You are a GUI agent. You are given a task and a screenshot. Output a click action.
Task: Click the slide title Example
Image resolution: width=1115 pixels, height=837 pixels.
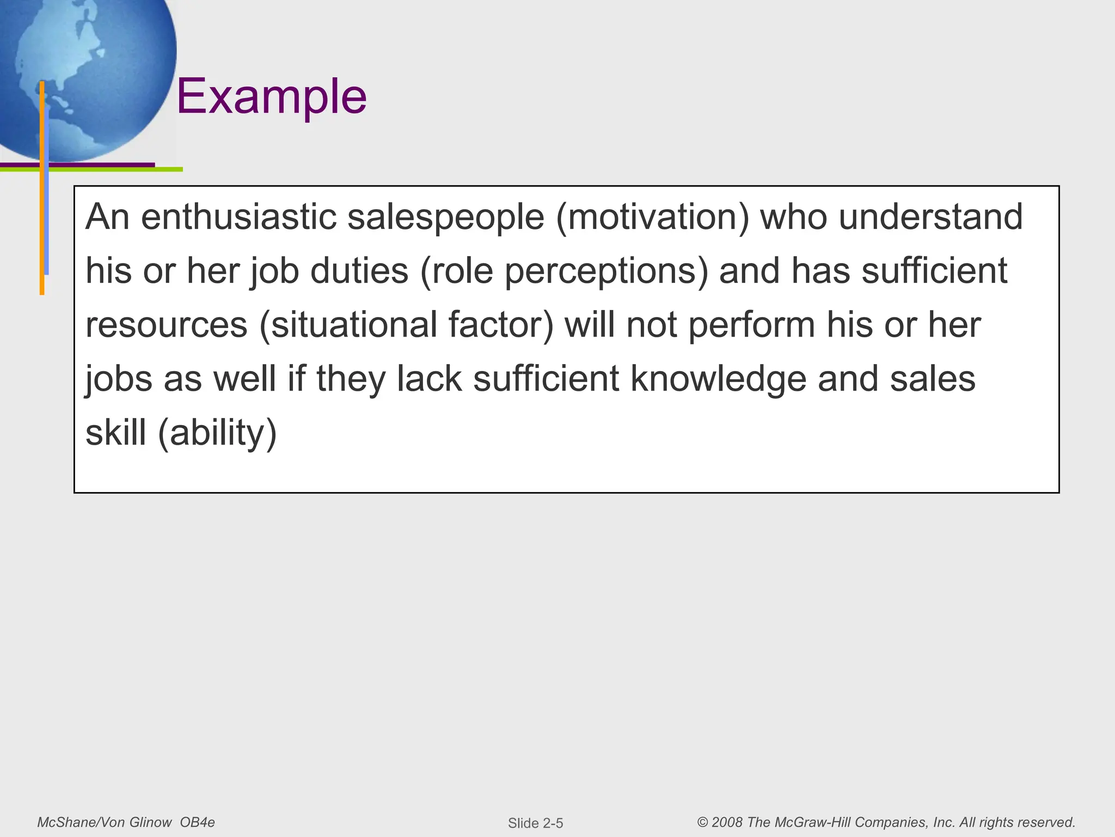[271, 97]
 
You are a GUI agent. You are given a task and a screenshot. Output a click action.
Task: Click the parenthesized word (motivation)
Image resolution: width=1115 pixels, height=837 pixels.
[652, 217]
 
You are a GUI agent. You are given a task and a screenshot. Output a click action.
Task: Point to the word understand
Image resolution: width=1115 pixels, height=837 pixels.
[930, 217]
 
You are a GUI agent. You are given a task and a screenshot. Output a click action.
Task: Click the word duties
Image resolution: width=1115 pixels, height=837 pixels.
[359, 271]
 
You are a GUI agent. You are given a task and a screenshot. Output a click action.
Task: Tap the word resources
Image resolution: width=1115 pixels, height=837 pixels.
[167, 325]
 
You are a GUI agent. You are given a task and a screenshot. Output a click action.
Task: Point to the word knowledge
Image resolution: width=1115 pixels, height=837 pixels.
[718, 379]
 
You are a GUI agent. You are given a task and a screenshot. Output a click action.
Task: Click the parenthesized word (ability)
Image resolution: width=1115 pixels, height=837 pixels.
[217, 434]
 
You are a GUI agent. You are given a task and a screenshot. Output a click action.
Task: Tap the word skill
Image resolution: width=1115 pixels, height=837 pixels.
[116, 433]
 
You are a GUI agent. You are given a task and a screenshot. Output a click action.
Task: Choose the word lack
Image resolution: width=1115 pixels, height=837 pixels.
[429, 379]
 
